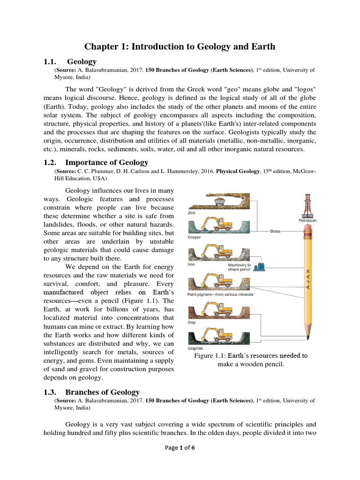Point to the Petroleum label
point(307,220)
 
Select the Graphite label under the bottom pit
point(195,348)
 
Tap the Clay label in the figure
point(192,322)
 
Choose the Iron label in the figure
point(191,264)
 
